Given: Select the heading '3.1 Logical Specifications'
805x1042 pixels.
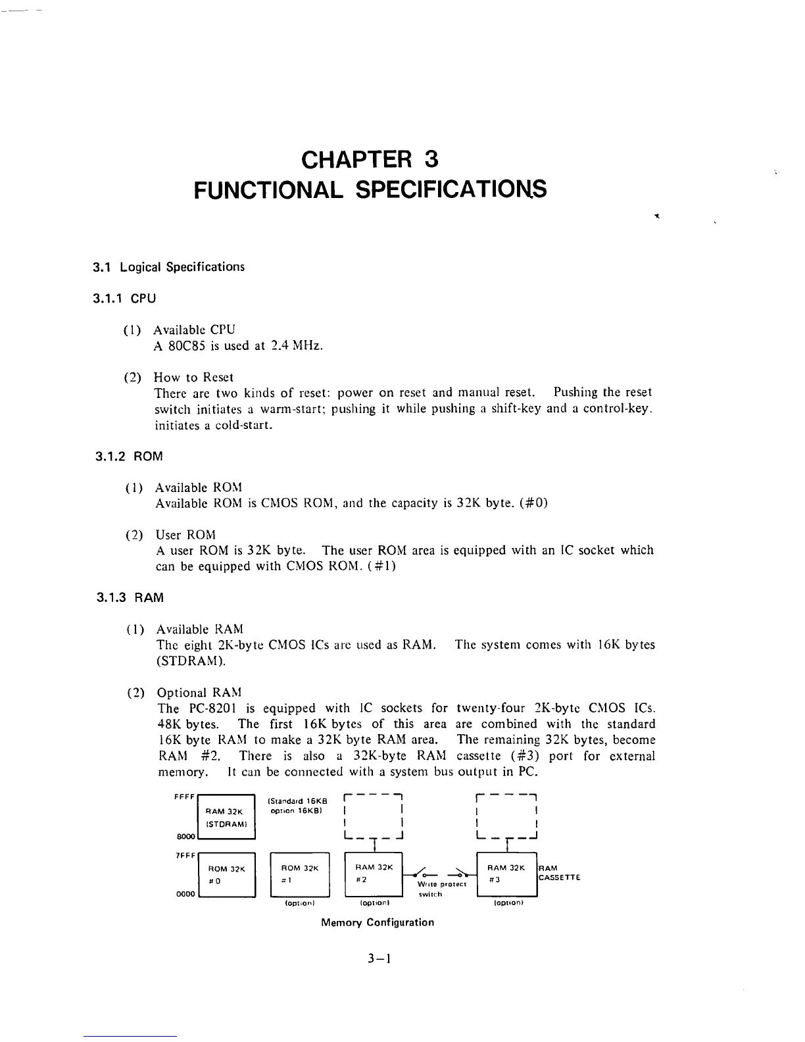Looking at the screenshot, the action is coord(168,267).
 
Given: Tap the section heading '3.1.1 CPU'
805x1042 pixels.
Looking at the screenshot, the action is coord(124,299).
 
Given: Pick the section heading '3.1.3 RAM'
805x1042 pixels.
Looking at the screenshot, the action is coord(130,598).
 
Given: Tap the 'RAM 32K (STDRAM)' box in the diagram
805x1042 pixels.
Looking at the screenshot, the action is coord(226,817).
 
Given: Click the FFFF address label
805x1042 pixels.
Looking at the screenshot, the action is coord(183,797).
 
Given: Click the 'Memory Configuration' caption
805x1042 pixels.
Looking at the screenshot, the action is coord(378,922).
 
